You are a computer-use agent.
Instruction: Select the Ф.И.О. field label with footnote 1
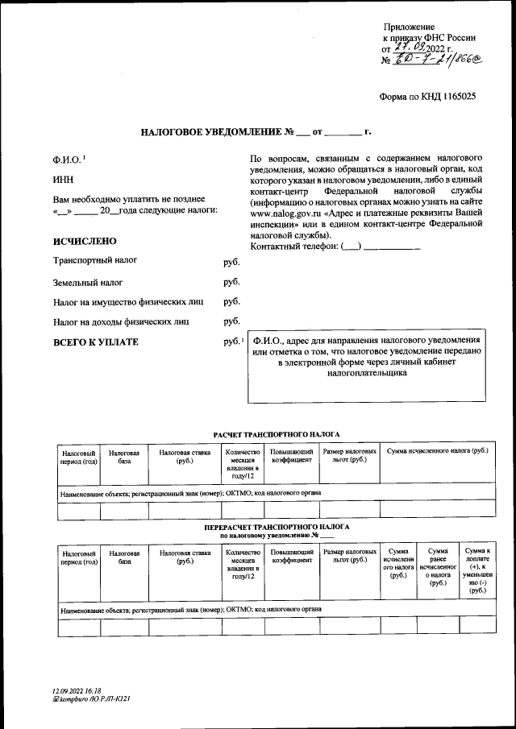tap(69, 159)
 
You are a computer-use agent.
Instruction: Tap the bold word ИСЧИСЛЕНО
tap(85, 241)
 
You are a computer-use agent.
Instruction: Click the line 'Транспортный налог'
tap(94, 262)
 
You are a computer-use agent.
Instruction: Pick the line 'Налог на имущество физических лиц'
tap(127, 302)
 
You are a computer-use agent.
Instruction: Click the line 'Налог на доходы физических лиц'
tap(121, 321)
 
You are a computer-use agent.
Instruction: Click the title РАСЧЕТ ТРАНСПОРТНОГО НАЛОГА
tap(276, 434)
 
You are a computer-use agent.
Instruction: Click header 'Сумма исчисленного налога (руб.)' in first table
tap(437, 452)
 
